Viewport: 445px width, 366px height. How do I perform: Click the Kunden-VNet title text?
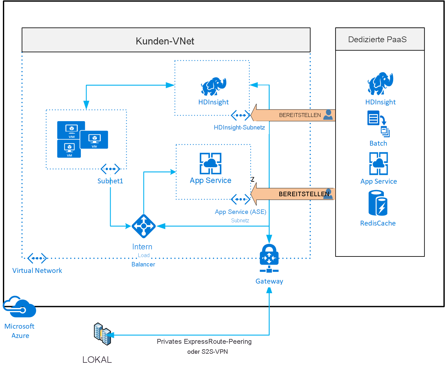pos(165,41)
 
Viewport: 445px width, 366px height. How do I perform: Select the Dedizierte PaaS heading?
pos(377,39)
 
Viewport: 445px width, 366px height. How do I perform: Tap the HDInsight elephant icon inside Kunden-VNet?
pos(213,86)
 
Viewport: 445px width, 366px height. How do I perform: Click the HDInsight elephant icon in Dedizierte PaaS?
pos(380,83)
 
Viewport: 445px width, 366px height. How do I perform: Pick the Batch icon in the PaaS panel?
pos(378,124)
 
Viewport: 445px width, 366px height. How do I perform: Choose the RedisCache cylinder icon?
pos(378,203)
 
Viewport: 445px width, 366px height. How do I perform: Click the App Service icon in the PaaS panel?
pos(378,163)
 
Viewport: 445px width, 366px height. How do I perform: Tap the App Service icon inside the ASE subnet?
pos(210,163)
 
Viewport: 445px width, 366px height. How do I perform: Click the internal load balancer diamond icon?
pos(144,226)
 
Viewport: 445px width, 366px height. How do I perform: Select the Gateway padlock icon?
pos(269,258)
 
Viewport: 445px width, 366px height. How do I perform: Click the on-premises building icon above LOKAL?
pos(103,334)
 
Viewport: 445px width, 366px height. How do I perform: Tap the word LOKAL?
pos(97,360)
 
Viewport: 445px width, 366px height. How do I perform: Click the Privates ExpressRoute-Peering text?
pos(204,342)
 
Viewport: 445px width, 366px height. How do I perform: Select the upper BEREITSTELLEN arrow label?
pos(300,115)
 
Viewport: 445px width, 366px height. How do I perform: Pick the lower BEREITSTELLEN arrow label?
pos(304,194)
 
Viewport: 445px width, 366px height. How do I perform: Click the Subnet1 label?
pos(110,181)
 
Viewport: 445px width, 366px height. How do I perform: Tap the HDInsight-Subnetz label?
pos(239,128)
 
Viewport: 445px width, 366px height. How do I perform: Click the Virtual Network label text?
pos(37,271)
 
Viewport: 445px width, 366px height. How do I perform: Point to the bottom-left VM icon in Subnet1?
pos(69,149)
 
